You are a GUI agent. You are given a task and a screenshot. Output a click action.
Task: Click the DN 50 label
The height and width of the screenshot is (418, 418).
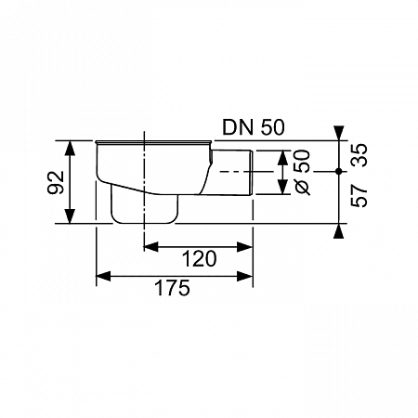(254, 127)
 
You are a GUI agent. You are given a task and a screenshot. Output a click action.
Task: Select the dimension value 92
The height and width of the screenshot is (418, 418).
(56, 182)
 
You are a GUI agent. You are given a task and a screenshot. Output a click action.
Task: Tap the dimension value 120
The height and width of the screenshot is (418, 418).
(199, 259)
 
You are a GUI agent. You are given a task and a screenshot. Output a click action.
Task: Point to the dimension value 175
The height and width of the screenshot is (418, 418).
(172, 288)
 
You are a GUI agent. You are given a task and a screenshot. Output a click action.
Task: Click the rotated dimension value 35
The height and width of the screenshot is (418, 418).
(359, 155)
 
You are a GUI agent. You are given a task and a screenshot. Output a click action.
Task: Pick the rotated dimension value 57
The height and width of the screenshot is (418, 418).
(359, 196)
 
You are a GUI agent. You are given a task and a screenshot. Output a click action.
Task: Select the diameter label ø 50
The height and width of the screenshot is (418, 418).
(302, 173)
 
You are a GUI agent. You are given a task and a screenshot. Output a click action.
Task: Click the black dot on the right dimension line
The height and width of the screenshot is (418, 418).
(339, 171)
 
